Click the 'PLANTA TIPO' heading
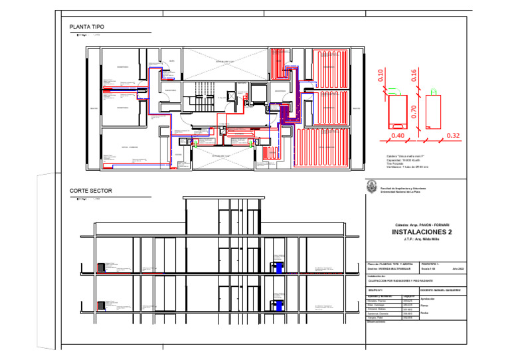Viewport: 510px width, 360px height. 86,27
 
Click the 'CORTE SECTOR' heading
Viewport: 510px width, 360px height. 90,191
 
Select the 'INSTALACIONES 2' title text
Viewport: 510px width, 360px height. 422,232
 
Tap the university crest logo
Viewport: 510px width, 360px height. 372,188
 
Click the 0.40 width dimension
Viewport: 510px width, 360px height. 398,135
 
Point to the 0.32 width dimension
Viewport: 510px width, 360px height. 453,135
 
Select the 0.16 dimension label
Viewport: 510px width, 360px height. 413,75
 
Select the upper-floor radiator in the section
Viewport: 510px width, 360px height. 101,267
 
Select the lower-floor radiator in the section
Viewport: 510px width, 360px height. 101,307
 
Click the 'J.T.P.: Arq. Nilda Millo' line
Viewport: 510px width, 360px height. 422,239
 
